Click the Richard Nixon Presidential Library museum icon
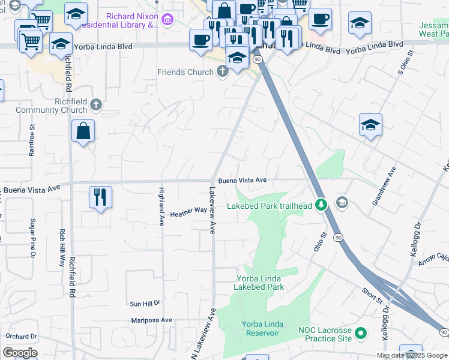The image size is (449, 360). pyautogui.click(x=167, y=21)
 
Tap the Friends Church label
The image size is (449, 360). pyautogui.click(x=185, y=72)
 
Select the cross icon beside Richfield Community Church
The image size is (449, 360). pyautogui.click(x=96, y=106)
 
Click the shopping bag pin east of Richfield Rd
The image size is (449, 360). pyautogui.click(x=83, y=131)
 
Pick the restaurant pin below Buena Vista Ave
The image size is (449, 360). pyautogui.click(x=100, y=197)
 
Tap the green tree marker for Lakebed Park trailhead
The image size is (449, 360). pyautogui.click(x=322, y=206)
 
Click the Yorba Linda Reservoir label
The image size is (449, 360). pyautogui.click(x=260, y=329)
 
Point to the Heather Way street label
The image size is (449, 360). pyautogui.click(x=188, y=212)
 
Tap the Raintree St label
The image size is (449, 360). pyautogui.click(x=32, y=140)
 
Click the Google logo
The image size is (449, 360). pyautogui.click(x=20, y=353)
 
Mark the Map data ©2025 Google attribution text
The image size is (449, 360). pyautogui.click(x=411, y=355)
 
